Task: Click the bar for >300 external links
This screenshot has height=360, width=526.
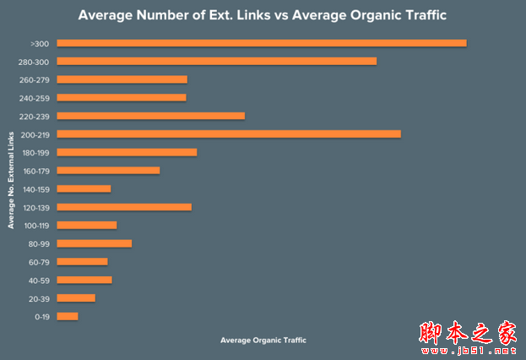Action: coord(262,43)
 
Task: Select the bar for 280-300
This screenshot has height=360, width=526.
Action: coord(217,61)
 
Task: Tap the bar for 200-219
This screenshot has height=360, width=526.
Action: coord(229,134)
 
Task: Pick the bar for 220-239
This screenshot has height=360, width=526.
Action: coord(151,116)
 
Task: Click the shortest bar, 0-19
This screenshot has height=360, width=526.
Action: coord(68,316)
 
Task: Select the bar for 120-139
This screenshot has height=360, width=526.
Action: coord(124,207)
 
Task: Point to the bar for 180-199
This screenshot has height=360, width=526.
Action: coord(127,152)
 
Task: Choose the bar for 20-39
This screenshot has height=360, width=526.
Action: coord(76,297)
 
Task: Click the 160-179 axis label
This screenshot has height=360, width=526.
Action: coord(37,171)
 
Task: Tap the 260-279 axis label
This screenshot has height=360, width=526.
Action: coord(37,79)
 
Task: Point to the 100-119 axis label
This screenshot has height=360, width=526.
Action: coord(37,226)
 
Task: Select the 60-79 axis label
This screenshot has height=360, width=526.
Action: coord(40,262)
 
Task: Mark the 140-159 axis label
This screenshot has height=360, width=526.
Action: coord(37,189)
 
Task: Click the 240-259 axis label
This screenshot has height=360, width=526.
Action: coord(37,98)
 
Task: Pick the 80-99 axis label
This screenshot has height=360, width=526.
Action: coord(40,243)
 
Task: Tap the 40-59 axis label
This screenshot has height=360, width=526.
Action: coord(40,280)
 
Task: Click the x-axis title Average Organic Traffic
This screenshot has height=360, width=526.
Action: coord(263,340)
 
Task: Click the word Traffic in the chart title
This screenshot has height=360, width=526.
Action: coord(418,15)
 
